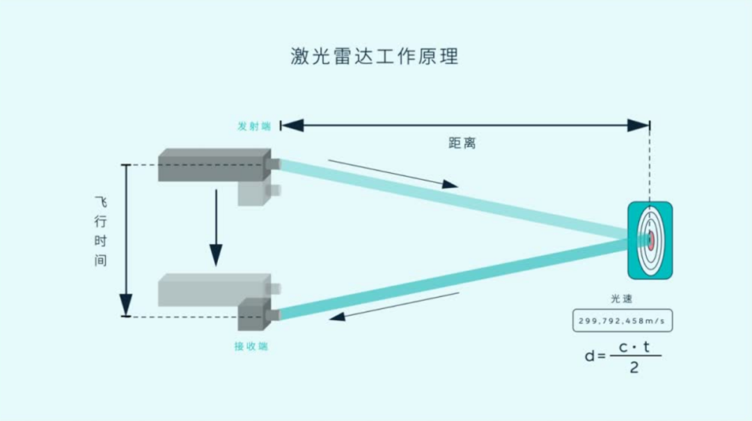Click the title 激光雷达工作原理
pos(375,56)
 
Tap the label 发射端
pos(254,126)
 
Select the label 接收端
pos(251,346)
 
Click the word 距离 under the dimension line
pos(462,143)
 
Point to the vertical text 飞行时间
pos(100,231)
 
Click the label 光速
pos(622,298)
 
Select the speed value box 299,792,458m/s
pos(622,321)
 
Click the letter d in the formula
pos(590,355)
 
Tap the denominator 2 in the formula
pos(634,368)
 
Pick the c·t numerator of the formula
pos(634,346)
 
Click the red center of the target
pos(651,240)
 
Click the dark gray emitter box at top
pos(214,165)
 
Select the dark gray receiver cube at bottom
pos(254,314)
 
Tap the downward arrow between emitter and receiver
pos(216,227)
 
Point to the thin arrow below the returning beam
pos(394,307)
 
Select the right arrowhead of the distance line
pos(639,125)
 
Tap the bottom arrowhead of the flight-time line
pos(125,305)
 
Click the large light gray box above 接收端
pos(214,290)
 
